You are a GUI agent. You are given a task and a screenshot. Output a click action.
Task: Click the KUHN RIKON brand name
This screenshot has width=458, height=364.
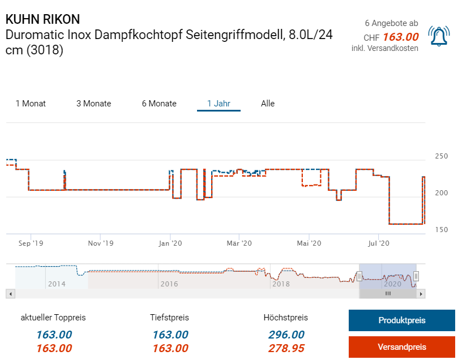pos(42,19)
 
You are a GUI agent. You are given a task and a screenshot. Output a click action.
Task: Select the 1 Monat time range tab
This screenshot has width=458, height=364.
pos(31,104)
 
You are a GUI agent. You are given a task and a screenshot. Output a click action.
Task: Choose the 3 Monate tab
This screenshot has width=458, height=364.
pos(93,104)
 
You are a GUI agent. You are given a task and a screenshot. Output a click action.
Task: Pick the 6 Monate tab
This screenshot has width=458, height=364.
pos(159,104)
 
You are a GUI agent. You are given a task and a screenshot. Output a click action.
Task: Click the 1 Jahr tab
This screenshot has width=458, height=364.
pos(219,104)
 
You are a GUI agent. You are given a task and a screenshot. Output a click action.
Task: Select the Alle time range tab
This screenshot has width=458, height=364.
pos(268,104)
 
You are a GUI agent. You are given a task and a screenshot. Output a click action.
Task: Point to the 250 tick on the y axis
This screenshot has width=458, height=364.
pos(441,156)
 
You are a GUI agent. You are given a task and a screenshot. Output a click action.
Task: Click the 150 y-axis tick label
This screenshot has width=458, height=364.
pos(441,229)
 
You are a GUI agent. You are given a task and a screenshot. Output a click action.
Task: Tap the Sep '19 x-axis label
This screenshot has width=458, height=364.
pos(31,243)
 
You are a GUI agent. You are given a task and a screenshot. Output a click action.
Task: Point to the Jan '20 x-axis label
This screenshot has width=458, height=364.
pos(170,243)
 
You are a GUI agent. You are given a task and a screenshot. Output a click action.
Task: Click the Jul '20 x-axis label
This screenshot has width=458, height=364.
pos(378,243)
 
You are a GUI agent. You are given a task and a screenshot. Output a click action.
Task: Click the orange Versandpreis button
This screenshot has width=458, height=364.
pos(401,347)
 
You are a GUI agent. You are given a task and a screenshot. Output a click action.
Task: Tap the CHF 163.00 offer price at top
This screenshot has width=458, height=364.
pos(391,37)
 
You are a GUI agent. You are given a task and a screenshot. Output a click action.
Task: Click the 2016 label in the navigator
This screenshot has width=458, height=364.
pos(169,284)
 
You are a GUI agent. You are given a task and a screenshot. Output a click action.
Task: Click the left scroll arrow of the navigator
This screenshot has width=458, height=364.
pos(10,294)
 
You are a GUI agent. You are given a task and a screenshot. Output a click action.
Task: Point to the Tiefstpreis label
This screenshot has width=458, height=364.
pos(170,318)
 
